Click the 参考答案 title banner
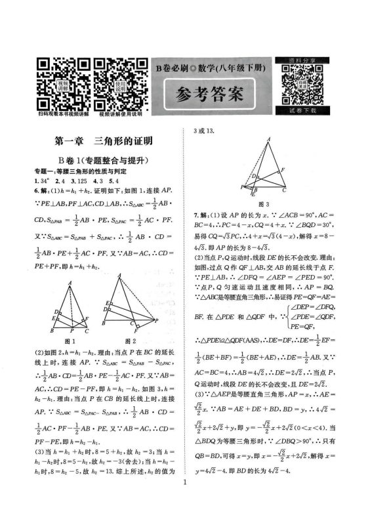[x=211, y=93]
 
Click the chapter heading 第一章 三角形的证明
[x=104, y=140]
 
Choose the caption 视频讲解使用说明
[x=120, y=114]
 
